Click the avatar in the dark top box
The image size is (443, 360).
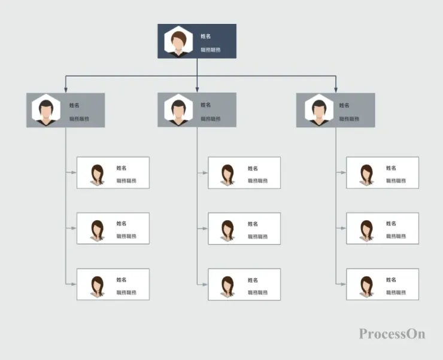click(x=178, y=41)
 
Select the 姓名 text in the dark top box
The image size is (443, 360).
click(x=205, y=36)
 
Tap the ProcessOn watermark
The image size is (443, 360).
click(x=392, y=334)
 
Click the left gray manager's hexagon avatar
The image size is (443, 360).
click(x=47, y=110)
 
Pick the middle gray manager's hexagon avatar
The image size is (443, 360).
click(x=178, y=110)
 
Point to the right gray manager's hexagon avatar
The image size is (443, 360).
click(x=317, y=110)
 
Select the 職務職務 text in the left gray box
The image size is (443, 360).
click(x=79, y=119)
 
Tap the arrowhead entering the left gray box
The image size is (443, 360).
click(x=66, y=90)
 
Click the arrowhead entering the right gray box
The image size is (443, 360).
click(x=336, y=90)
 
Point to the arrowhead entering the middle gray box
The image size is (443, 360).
click(x=197, y=90)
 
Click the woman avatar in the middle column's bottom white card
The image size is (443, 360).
click(x=227, y=285)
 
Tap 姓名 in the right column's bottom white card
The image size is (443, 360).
click(x=391, y=280)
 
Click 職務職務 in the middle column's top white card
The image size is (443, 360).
click(x=258, y=181)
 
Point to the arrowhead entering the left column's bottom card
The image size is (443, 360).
click(x=74, y=284)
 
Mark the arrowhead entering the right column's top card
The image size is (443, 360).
click(x=344, y=173)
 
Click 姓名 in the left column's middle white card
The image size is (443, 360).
click(x=122, y=224)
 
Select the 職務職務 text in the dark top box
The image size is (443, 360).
click(x=211, y=50)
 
